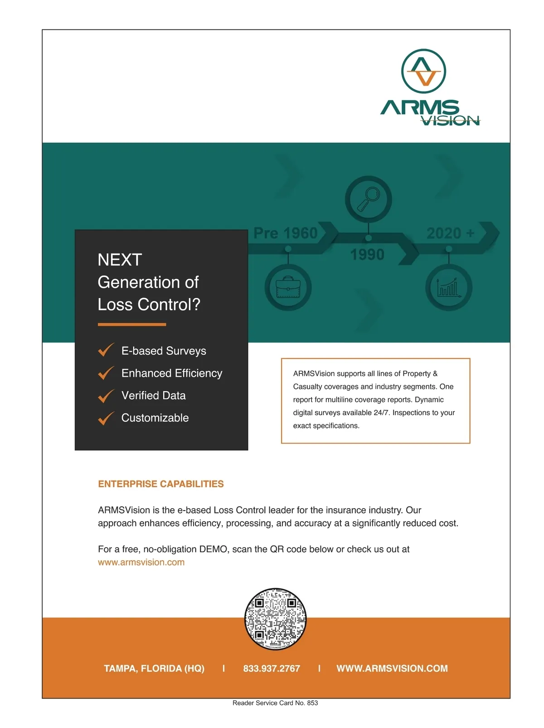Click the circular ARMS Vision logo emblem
coord(423,71)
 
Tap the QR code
coord(275,619)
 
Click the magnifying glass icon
coord(368,199)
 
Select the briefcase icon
coord(288,287)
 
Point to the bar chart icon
coord(448,287)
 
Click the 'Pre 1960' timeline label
coord(285,233)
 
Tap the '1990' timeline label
coord(367,255)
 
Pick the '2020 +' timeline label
coord(450,233)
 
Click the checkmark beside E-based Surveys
coord(106,350)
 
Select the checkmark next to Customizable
coord(106,417)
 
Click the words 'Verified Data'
coord(153,395)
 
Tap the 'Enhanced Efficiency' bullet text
coord(172,373)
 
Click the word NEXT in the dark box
coord(120,260)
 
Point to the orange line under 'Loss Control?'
coord(132,325)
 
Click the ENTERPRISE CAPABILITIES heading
coord(161,484)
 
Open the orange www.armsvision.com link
coord(141,563)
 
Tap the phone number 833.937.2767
coord(272,669)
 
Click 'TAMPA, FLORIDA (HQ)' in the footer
coord(154,669)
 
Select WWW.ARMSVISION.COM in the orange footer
coord(392,669)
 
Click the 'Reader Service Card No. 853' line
coord(275,703)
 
